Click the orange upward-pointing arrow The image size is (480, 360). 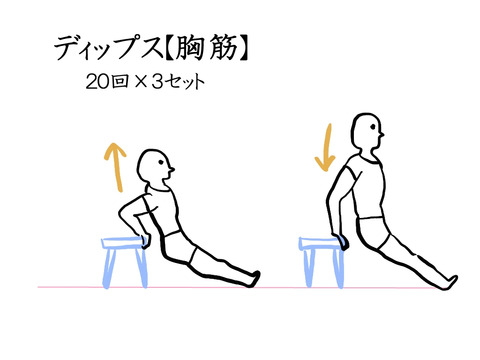(x=116, y=167)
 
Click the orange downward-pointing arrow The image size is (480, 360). (x=327, y=148)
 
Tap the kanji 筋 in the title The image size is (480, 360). (x=224, y=49)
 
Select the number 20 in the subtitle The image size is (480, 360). (x=97, y=82)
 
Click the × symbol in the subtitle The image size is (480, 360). (x=141, y=82)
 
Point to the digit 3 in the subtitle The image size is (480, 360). (x=158, y=82)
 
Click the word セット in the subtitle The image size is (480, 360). (x=186, y=82)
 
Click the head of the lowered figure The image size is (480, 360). (x=155, y=166)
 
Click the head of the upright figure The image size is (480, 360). (x=367, y=131)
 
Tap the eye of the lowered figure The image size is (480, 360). (x=161, y=162)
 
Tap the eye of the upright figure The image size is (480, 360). (x=373, y=127)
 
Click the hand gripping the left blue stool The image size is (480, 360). (x=146, y=241)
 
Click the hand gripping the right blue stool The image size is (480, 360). (x=341, y=242)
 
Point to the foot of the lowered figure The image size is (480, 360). (x=253, y=279)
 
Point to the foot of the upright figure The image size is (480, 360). (x=449, y=282)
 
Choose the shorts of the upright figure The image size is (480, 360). (x=373, y=233)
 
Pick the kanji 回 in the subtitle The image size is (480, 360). (x=120, y=82)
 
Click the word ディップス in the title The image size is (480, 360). (x=108, y=49)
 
